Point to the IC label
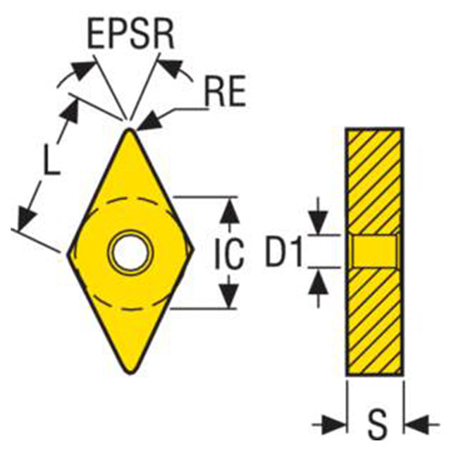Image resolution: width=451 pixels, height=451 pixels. [x=230, y=255]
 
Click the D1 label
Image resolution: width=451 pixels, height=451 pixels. [x=283, y=251]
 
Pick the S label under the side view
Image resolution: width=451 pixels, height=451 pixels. [x=378, y=425]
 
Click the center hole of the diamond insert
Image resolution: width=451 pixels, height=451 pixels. [x=130, y=252]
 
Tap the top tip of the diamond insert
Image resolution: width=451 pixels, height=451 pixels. [x=130, y=129]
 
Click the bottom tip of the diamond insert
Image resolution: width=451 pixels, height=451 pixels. [x=130, y=374]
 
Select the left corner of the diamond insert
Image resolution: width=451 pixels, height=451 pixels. [x=68, y=254]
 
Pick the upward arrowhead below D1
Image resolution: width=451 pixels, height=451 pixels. [x=318, y=283]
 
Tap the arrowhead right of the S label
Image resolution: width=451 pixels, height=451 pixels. [x=418, y=424]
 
